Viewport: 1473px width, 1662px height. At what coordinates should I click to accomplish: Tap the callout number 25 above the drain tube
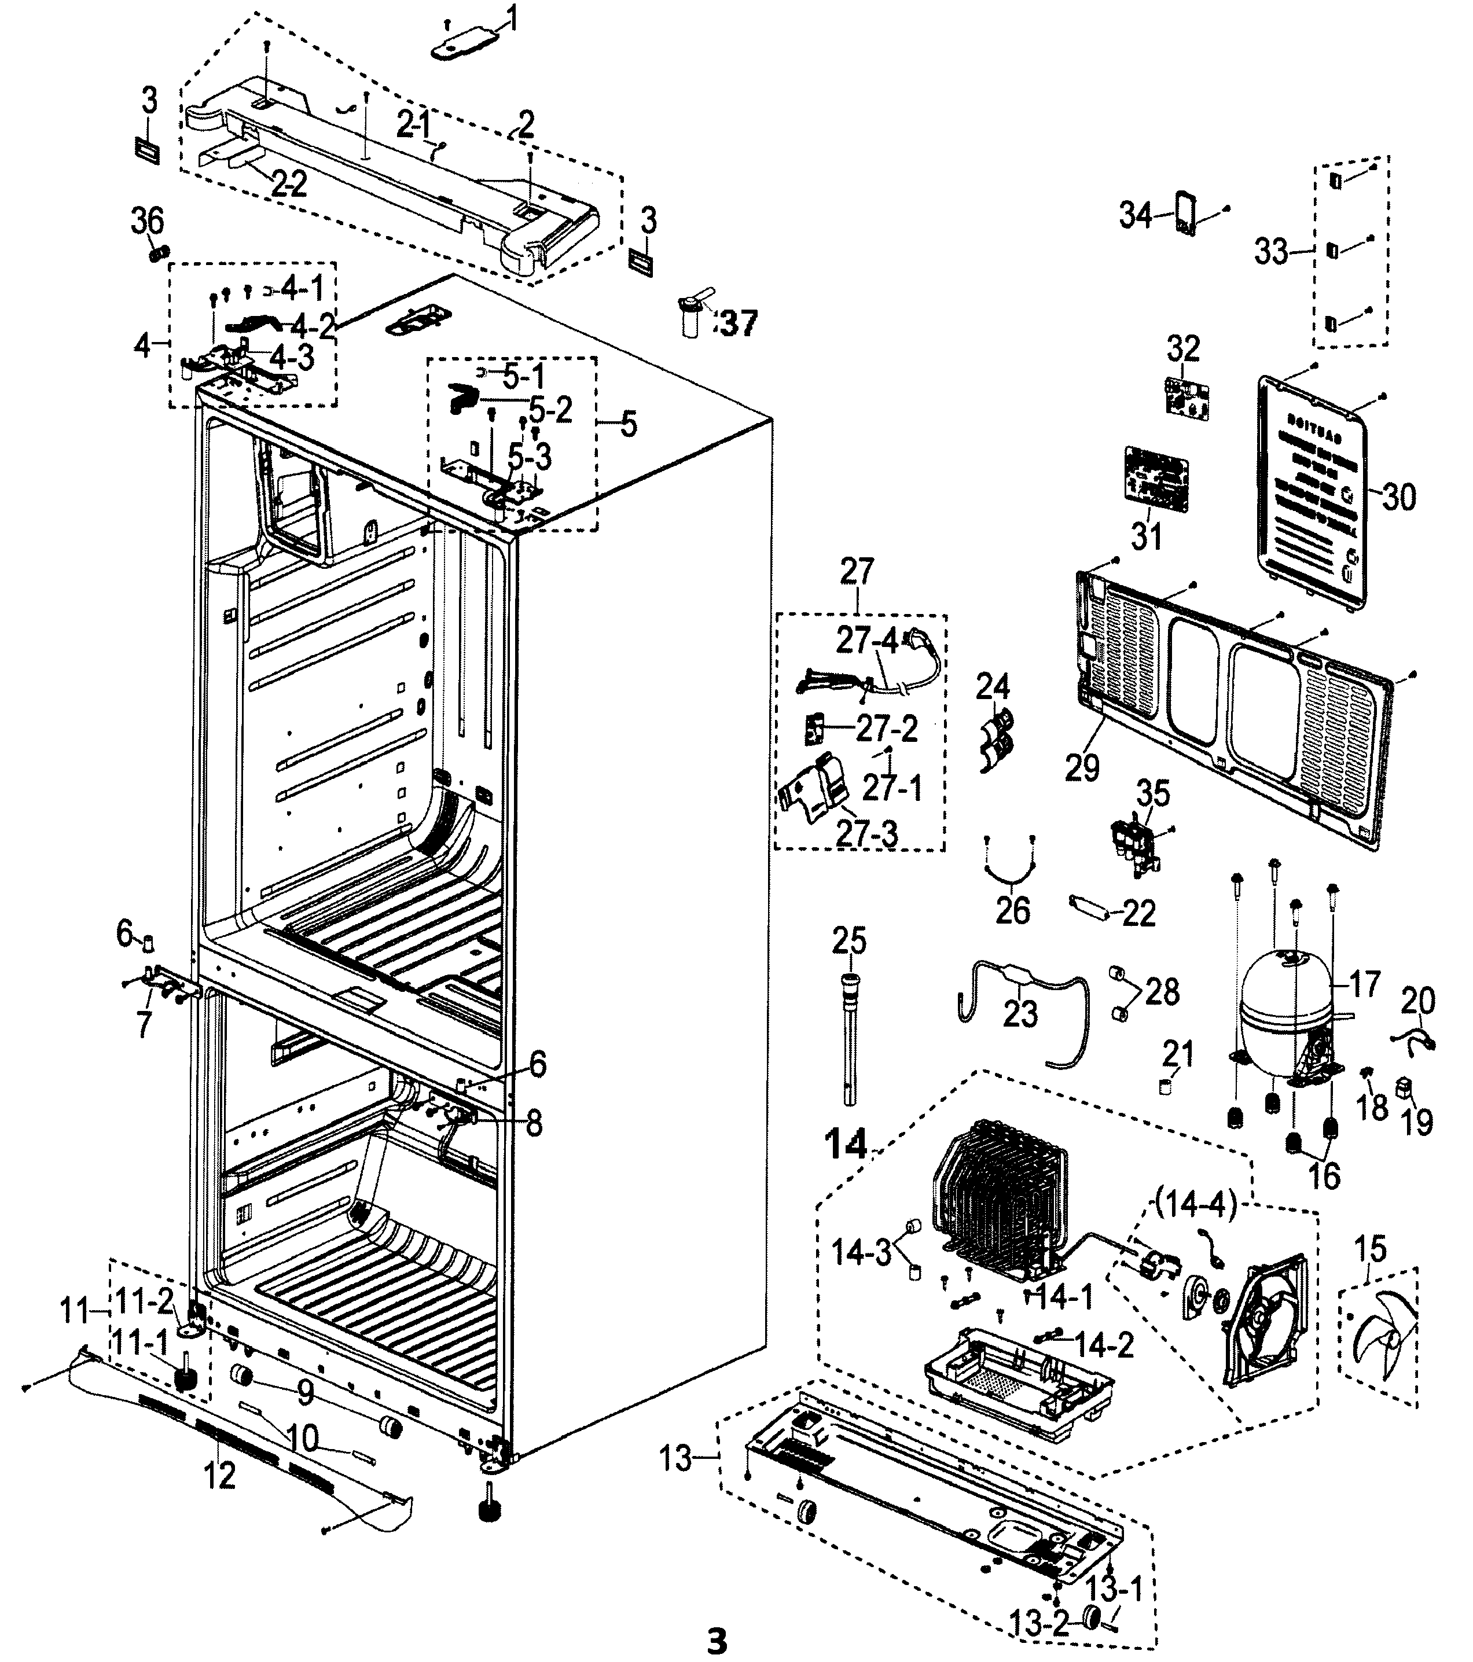(x=848, y=941)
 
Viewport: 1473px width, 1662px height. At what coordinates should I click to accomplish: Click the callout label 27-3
(x=868, y=833)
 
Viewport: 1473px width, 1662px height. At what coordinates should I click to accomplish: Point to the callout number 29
(x=1082, y=767)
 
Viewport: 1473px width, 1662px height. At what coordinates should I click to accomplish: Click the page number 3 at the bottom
(x=716, y=1641)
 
